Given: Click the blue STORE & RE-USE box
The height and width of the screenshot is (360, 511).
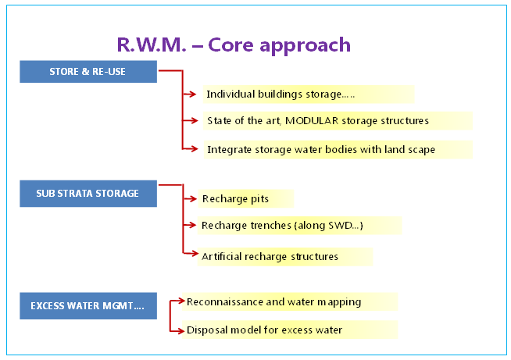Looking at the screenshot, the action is coord(88,71).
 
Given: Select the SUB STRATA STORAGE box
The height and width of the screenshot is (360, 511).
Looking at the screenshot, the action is coord(88,194).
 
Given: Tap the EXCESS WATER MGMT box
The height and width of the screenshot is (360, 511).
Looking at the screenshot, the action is coord(88,305).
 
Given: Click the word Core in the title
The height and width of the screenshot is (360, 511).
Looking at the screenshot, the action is coord(230,45).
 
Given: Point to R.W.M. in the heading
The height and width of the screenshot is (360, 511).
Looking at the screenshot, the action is coord(152,45).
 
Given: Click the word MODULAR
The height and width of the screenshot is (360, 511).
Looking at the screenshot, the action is coord(312,120).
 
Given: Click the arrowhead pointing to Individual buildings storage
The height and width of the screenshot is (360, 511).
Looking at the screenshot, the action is coord(192,94).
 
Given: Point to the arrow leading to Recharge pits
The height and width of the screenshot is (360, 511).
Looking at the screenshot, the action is coord(190,198).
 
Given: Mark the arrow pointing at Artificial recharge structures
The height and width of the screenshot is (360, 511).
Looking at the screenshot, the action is coord(191,253).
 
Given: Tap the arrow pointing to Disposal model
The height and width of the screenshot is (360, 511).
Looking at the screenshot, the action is coord(177,332).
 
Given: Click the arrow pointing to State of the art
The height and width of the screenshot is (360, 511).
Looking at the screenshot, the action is coord(191,120).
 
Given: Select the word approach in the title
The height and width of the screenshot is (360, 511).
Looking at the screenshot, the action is coord(305,45).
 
